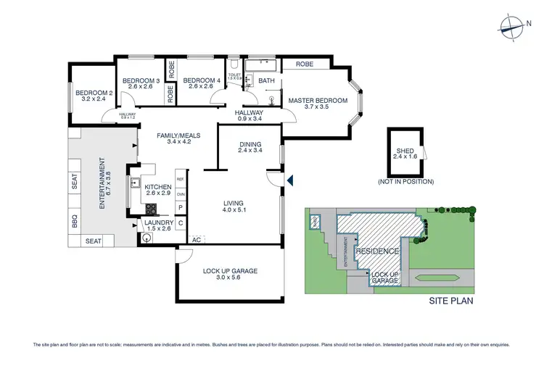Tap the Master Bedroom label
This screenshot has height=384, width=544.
[x=318, y=101]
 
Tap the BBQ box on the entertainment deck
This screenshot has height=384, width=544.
[x=75, y=221]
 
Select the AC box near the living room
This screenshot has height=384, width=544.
[x=196, y=238]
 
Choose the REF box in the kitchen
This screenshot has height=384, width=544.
[x=181, y=179]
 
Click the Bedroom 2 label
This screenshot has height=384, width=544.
[x=90, y=93]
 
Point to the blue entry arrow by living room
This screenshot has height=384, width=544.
[x=290, y=180]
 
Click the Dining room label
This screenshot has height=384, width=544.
[x=250, y=144]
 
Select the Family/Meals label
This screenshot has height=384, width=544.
[x=178, y=135]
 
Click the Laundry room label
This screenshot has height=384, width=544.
[x=158, y=222]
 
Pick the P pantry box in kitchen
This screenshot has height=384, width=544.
[x=181, y=207]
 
